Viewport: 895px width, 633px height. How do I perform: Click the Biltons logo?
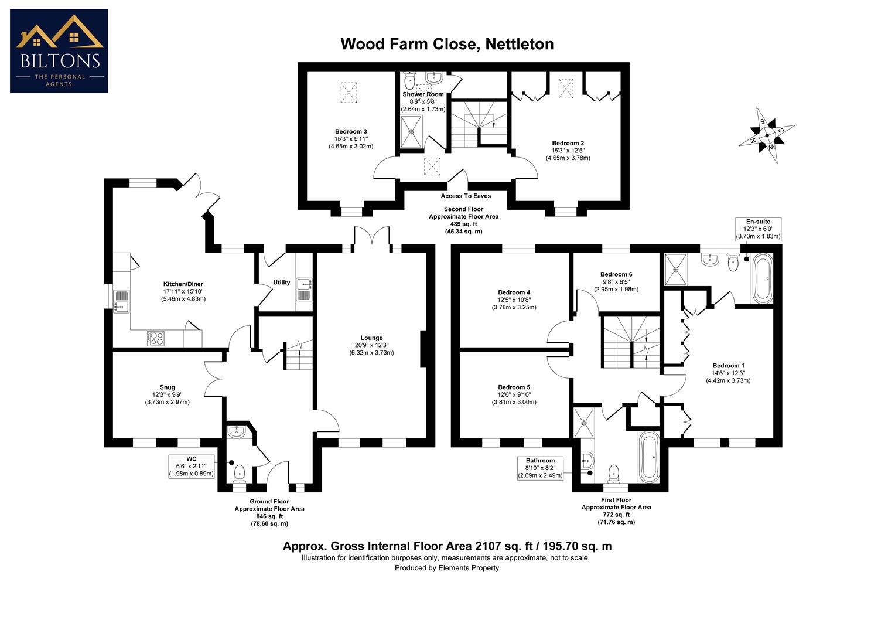tap(59, 51)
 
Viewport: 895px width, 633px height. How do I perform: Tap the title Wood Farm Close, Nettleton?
tap(447, 44)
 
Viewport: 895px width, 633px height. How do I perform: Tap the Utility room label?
tap(281, 283)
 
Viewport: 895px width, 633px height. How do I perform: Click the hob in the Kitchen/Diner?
tap(156, 338)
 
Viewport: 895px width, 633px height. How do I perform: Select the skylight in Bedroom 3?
tap(348, 92)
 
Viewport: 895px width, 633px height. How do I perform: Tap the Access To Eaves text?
tap(466, 196)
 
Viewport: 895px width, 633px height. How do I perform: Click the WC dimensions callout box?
tap(192, 466)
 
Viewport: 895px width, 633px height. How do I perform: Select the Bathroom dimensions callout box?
tap(540, 468)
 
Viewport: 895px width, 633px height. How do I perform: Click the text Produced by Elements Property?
tap(447, 567)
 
